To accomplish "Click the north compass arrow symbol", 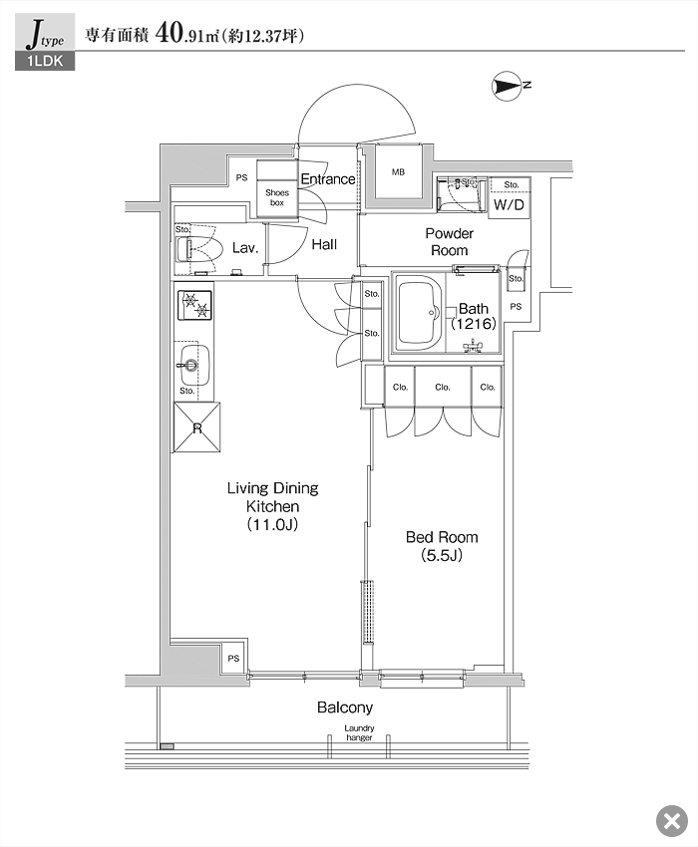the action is coord(508,86).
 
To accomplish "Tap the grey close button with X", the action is coord(671,821).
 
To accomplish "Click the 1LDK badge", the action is coord(45,61).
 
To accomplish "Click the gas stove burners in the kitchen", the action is coord(194,305).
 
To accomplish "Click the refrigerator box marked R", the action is coord(196,427).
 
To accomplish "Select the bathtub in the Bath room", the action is coord(420,314).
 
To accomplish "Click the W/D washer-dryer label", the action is coord(509,204).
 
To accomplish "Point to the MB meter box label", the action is coord(399,171).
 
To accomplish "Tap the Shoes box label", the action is coord(277,197).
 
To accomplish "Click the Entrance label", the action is coord(328,179).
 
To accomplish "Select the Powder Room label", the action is coord(450,242).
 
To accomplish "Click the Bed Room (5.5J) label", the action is coord(442,546).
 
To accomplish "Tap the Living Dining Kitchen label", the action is coord(272,506).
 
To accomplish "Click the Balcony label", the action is coord(345,707).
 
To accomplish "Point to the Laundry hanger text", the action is coord(359,733).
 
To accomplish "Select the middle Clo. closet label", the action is coord(443,388).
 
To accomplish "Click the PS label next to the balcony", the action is coord(233,658).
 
